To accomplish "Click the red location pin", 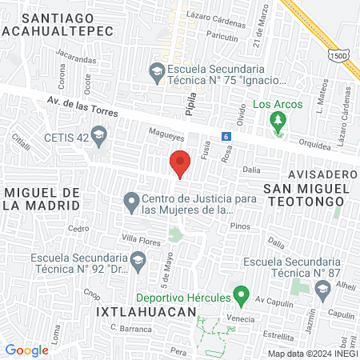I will tap(180, 163).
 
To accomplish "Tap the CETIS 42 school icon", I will tap(98, 137).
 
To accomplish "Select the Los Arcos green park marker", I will tap(278, 122).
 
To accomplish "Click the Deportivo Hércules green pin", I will tap(238, 296).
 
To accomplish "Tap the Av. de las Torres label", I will tap(82, 106).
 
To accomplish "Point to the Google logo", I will tap(26, 350).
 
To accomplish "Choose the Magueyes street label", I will tap(164, 132).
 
